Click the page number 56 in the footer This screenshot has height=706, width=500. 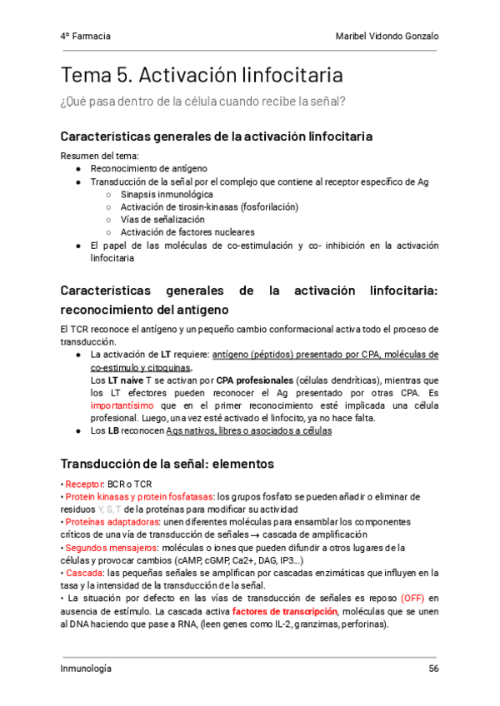click(432, 669)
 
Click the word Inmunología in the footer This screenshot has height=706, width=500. click(86, 669)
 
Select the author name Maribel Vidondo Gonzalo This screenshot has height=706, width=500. click(387, 37)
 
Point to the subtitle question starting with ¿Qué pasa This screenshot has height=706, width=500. click(203, 102)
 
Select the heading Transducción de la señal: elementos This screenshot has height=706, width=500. click(167, 463)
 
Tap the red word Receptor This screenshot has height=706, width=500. click(83, 484)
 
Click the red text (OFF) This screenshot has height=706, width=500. click(413, 599)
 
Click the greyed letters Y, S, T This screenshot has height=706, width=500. click(109, 510)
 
